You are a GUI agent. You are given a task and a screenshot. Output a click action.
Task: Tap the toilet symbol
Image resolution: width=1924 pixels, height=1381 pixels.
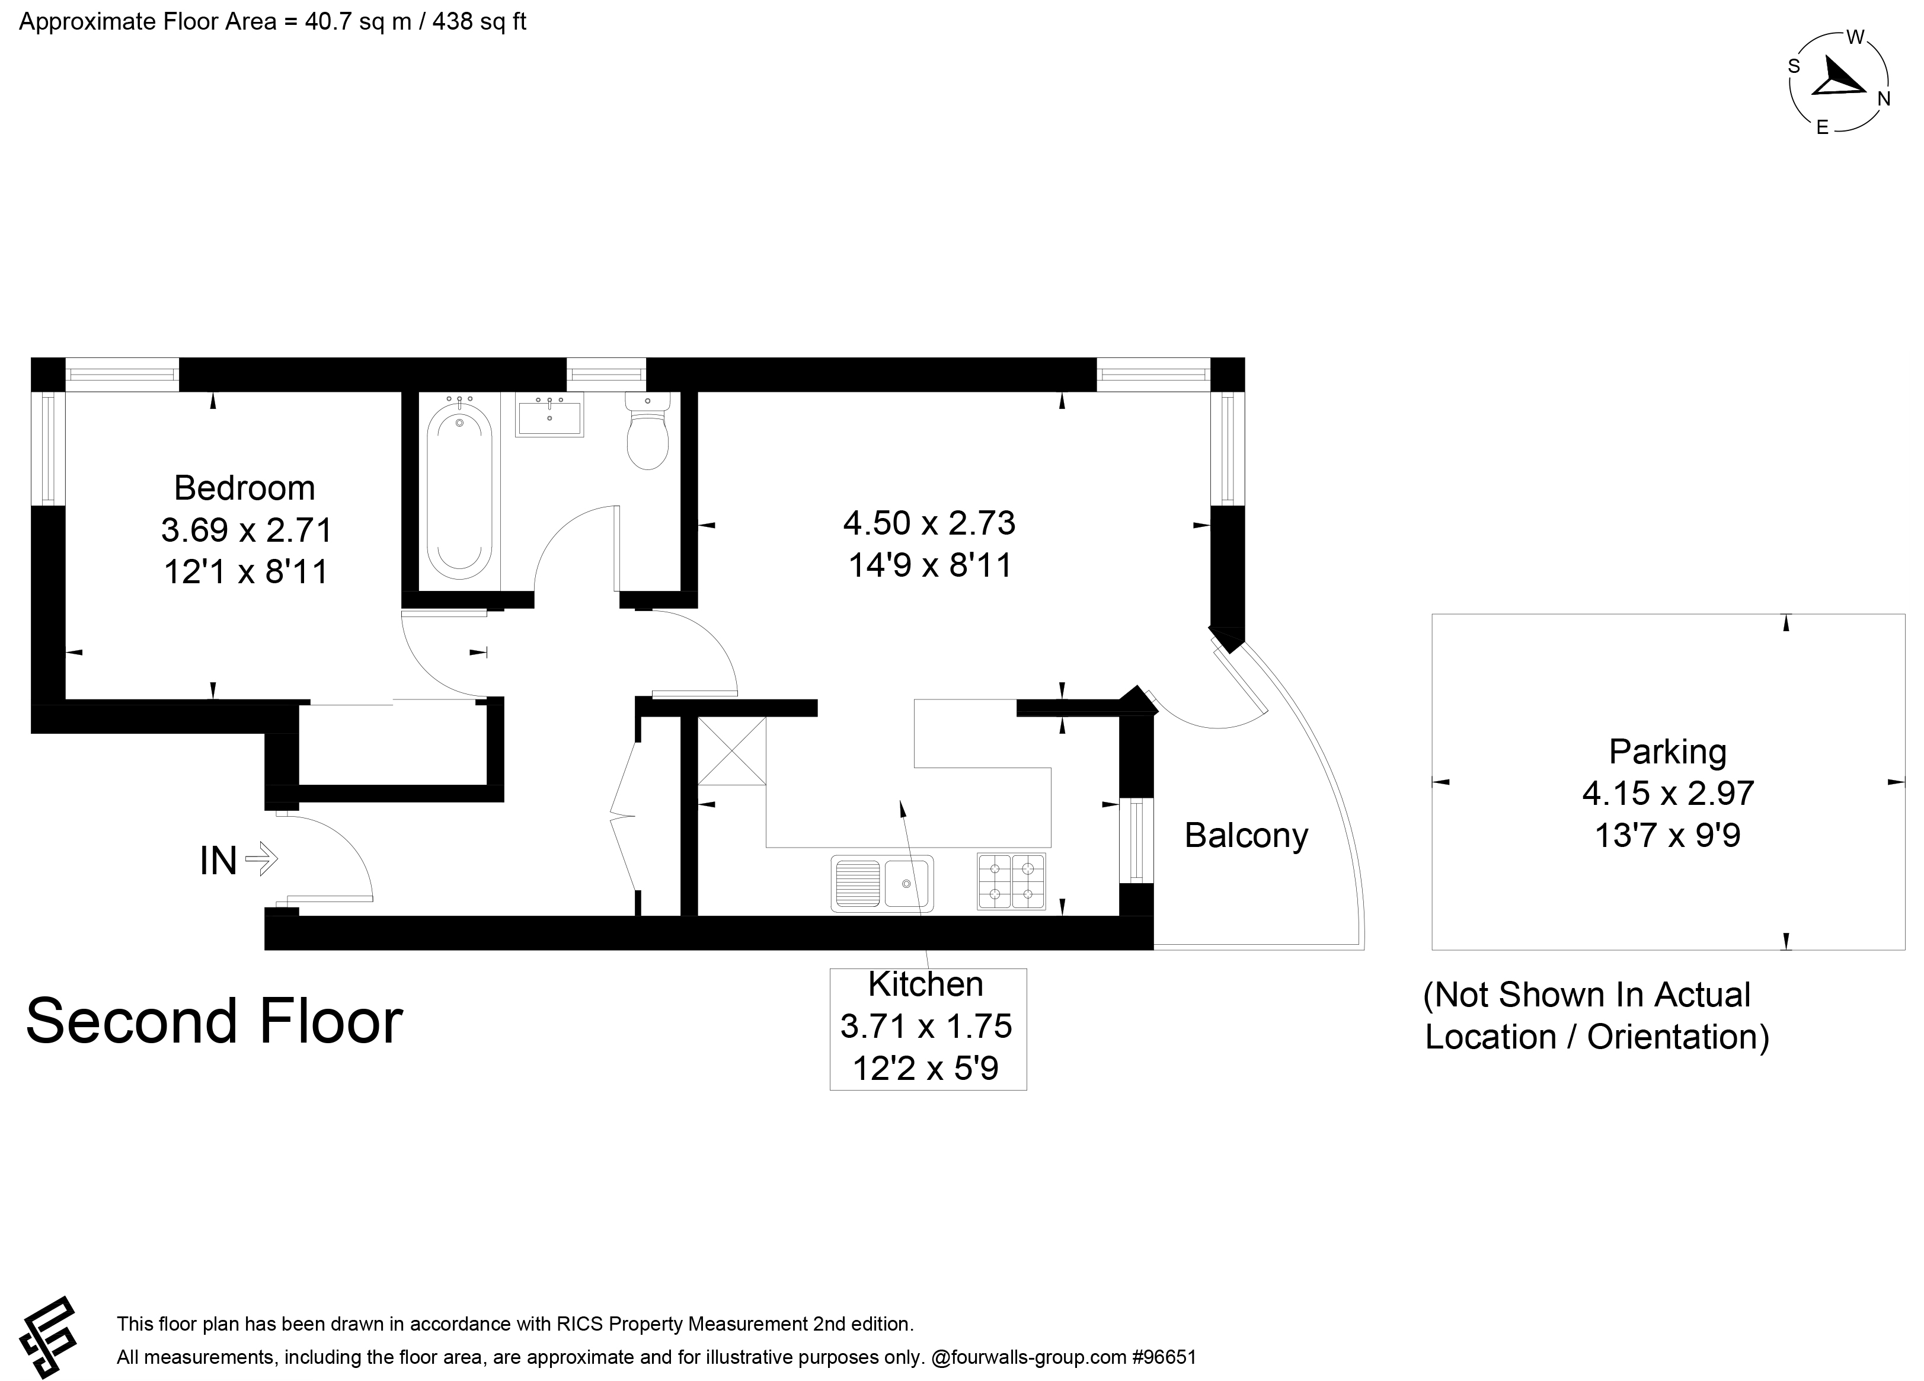pos(647,430)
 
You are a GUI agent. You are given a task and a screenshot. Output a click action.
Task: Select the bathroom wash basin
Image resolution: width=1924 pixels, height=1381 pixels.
pos(549,415)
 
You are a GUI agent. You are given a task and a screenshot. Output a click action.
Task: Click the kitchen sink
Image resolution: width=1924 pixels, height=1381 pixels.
pos(882,883)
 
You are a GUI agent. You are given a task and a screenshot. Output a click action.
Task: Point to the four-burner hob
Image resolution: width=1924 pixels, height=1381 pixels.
pos(1011,881)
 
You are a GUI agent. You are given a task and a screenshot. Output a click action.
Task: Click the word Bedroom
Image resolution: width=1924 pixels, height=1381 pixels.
pos(244,488)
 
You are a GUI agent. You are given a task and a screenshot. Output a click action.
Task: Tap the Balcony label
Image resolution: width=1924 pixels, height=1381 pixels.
pos(1246,836)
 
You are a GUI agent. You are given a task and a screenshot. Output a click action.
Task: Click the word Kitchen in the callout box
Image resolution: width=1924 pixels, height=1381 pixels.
pos(925,984)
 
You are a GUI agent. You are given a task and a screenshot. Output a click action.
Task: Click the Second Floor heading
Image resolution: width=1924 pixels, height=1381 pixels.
pos(215,1021)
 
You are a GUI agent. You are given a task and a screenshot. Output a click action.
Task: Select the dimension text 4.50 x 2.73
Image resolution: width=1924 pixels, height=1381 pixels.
pos(929,523)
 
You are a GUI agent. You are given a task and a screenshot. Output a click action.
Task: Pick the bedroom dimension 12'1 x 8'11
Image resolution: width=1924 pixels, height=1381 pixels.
pos(246,572)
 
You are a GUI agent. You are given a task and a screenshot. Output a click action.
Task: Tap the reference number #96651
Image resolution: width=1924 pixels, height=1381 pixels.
pos(1164,1357)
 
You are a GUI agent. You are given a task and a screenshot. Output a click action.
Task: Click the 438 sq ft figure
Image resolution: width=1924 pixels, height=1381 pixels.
pos(480,22)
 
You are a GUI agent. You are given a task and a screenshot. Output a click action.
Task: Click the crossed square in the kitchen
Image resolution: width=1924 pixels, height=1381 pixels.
pos(731,751)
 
